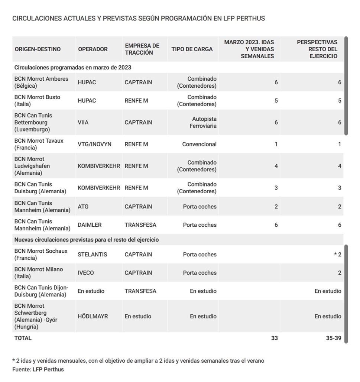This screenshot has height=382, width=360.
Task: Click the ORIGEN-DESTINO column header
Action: click(38, 49)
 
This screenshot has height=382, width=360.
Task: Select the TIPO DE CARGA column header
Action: click(192, 49)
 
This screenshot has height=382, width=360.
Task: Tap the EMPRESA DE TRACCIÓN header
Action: click(142, 49)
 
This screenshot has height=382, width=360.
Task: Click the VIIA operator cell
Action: click(83, 122)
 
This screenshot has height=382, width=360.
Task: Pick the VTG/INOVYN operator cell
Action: click(94, 144)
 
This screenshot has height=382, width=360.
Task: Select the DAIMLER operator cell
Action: click(90, 225)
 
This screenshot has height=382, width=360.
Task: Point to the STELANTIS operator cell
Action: click(92, 255)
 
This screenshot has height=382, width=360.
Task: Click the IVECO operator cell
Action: click(86, 273)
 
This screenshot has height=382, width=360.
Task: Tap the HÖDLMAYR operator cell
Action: click(93, 316)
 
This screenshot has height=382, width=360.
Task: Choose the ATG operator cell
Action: click(83, 207)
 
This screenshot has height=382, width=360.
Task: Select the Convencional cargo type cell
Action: click(199, 144)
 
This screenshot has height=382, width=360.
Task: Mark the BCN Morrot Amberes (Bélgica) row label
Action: click(41, 82)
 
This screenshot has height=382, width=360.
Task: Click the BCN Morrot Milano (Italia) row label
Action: click(39, 273)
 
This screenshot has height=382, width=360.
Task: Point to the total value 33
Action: click(274, 338)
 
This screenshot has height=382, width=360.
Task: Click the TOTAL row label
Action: click(23, 338)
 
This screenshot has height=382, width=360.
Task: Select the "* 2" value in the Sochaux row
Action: click(337, 255)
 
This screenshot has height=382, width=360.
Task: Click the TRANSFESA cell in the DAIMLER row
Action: click(140, 225)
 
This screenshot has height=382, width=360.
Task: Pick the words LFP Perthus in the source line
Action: click(48, 369)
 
